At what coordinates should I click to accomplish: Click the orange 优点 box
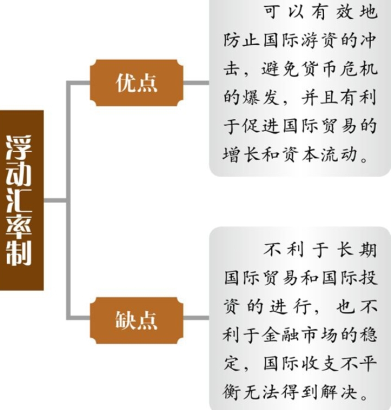pos(136,83)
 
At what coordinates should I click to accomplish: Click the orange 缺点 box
pos(136,319)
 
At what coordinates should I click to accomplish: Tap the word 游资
pos(324,41)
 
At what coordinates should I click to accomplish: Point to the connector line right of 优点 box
pos(196,83)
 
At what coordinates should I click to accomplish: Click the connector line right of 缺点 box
pos(196,319)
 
